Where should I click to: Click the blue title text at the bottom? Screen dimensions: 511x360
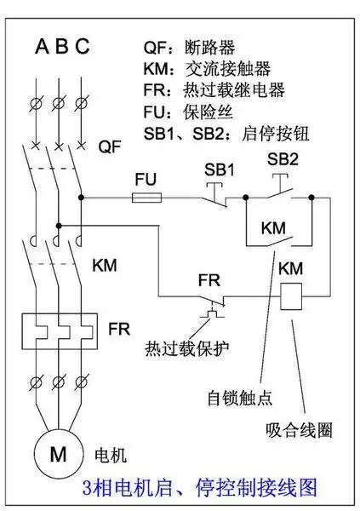[199, 488]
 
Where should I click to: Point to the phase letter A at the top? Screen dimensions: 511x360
[41, 47]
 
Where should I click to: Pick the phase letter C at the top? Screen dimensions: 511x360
[82, 47]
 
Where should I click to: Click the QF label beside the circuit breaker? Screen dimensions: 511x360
[110, 147]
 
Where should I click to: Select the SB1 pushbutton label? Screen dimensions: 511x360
[219, 169]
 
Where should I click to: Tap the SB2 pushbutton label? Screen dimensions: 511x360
[283, 159]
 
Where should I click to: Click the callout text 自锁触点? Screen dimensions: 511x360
[236, 397]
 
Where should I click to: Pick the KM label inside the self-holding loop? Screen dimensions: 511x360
[273, 229]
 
